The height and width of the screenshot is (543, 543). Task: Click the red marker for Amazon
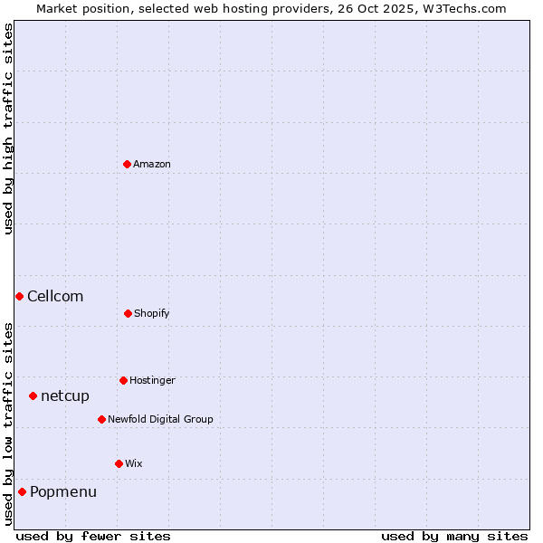[128, 164]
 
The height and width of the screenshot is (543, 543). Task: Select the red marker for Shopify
[128, 313]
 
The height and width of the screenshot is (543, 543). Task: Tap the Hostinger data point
[123, 380]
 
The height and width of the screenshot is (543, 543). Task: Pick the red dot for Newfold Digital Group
[101, 419]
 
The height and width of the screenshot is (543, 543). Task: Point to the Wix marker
[119, 463]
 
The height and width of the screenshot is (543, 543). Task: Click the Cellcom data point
[19, 296]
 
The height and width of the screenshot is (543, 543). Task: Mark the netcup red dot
[33, 395]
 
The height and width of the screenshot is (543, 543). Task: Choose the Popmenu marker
[22, 491]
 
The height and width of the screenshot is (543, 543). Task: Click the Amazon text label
[152, 164]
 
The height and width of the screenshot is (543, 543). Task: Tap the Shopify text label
[152, 313]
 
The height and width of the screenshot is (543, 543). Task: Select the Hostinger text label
[152, 380]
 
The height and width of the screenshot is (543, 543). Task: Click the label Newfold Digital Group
[160, 419]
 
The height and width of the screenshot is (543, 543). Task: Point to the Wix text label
[134, 463]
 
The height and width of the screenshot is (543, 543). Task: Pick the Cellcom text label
[55, 296]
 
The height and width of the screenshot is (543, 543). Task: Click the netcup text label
[65, 395]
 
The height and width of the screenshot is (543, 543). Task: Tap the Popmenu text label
[63, 491]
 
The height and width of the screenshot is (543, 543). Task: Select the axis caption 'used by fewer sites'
[93, 536]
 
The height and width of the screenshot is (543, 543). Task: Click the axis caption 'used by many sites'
[454, 536]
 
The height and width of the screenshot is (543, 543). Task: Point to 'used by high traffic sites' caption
[8, 129]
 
